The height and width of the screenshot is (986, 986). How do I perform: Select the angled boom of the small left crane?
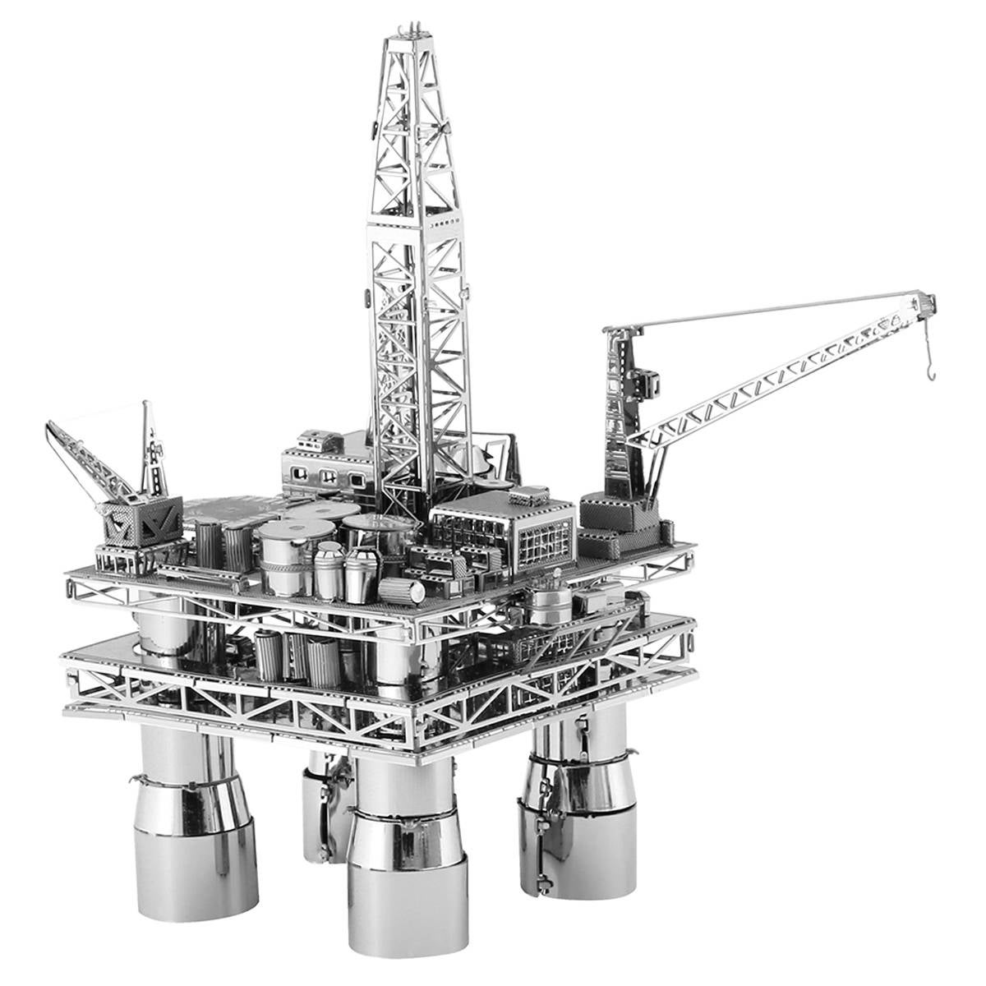coord(86,456)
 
